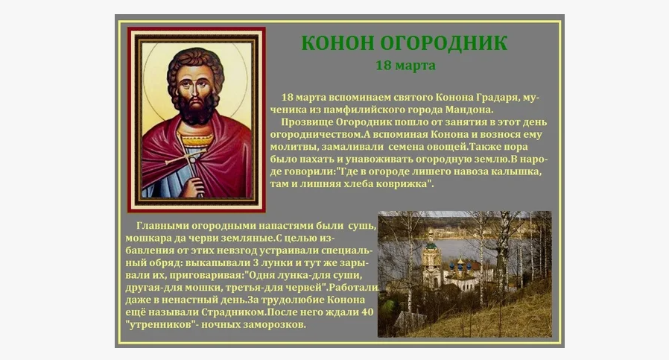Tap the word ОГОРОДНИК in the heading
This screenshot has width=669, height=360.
pyautogui.click(x=443, y=43)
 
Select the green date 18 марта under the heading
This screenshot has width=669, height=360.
pyautogui.click(x=405, y=66)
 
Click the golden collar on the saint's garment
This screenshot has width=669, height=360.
pyautogui.click(x=197, y=139)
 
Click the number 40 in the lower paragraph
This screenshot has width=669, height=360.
pyautogui.click(x=367, y=312)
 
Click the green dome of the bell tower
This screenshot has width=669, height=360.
pyautogui.click(x=431, y=245)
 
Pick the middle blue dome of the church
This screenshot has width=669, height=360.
pyautogui.click(x=460, y=267)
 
